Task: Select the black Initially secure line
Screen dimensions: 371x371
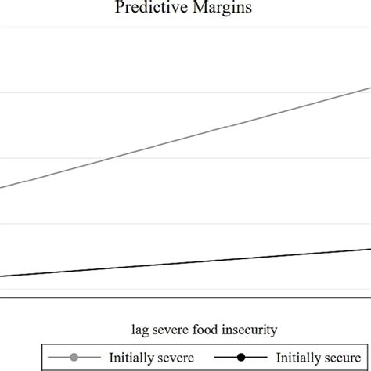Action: pyautogui.click(x=185, y=263)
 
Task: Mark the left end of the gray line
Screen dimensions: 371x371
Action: pyautogui.click(x=2, y=188)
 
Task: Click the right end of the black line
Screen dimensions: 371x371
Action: pyautogui.click(x=369, y=250)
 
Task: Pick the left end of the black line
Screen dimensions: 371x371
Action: pyautogui.click(x=2, y=276)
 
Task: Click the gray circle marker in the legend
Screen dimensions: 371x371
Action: pyautogui.click(x=74, y=356)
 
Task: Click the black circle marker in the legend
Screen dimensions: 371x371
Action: pyautogui.click(x=241, y=356)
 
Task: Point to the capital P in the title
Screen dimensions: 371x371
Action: pyautogui.click(x=120, y=8)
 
